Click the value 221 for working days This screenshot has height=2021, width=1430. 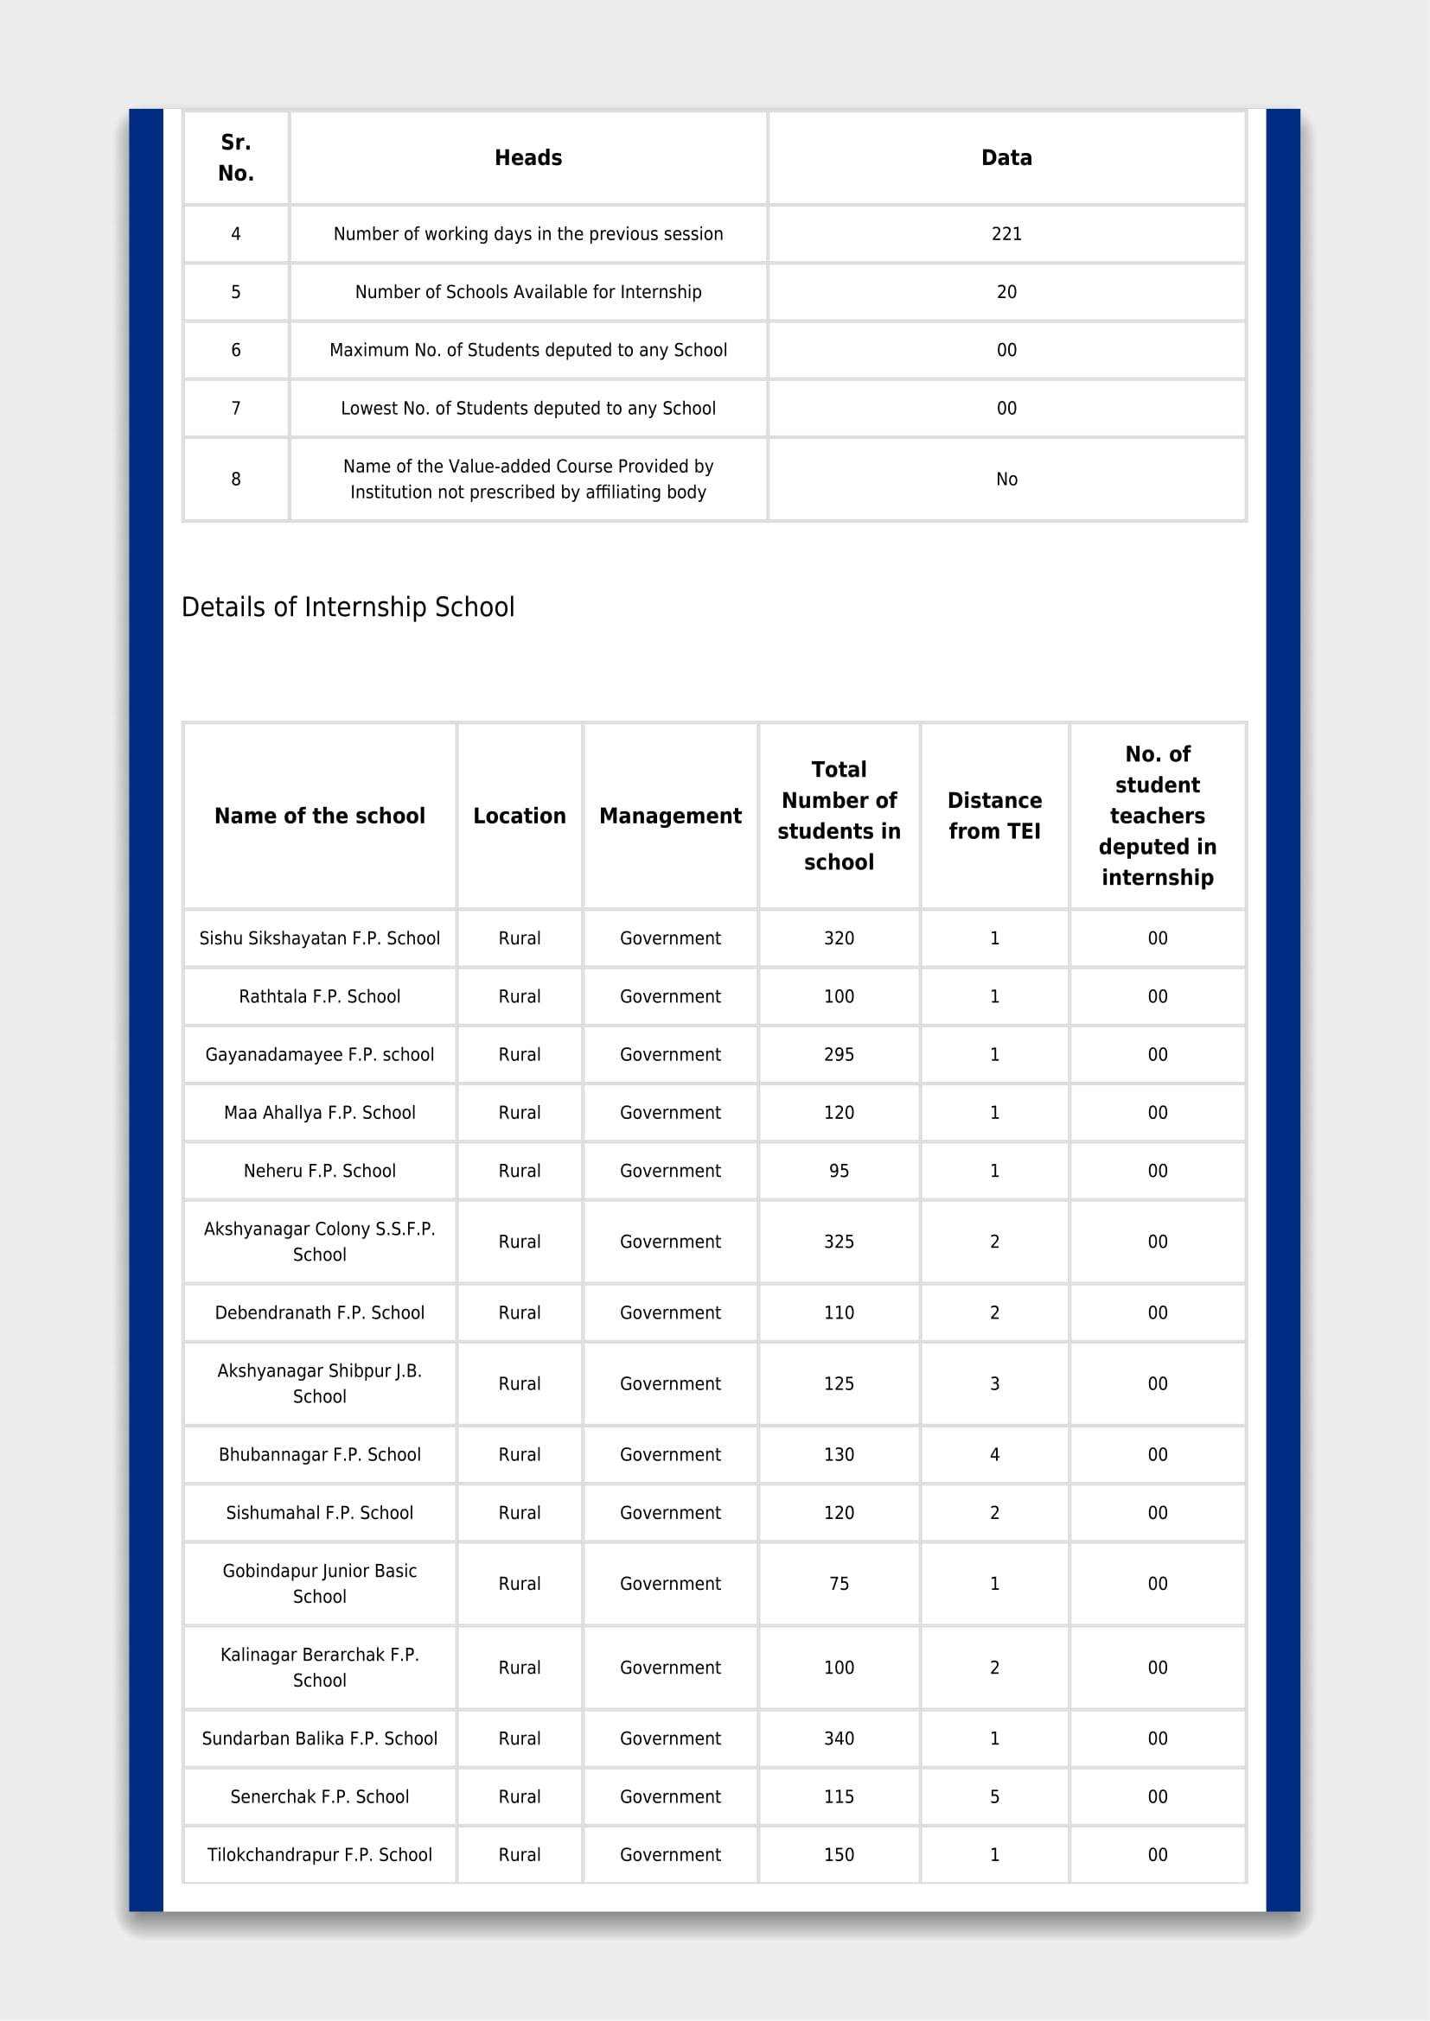(1005, 234)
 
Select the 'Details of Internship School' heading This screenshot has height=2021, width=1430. (348, 607)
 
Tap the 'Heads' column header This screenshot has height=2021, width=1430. (527, 158)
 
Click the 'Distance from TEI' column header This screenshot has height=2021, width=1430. (994, 816)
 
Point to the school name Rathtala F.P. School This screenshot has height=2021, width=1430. (320, 996)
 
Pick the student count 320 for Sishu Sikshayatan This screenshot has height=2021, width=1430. (839, 938)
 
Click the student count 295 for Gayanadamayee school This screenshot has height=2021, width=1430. (839, 1054)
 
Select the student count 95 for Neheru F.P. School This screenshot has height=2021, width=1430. (839, 1171)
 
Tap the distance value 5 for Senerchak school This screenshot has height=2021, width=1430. (994, 1796)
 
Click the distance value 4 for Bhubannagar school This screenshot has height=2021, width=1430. (994, 1454)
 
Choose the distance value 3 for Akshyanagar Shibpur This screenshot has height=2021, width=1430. (994, 1383)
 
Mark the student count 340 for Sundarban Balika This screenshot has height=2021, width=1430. (839, 1738)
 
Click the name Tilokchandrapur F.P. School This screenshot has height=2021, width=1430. (320, 1854)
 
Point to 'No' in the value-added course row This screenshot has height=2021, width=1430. (1005, 480)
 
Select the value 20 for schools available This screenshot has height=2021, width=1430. (1005, 292)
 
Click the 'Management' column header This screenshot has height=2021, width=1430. (670, 816)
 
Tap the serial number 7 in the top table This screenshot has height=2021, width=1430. (236, 409)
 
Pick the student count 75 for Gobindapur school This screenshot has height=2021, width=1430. (839, 1584)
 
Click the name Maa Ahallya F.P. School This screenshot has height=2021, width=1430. (320, 1113)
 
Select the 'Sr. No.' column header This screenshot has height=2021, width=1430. (236, 158)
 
